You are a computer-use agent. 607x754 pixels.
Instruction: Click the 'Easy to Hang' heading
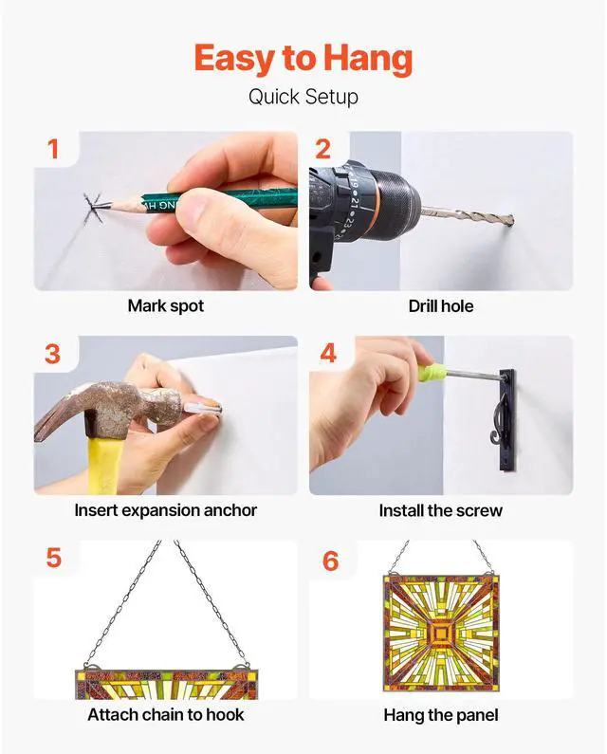coord(303,58)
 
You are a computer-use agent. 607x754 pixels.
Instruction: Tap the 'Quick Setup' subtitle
coord(303,97)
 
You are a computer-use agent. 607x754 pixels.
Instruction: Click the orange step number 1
coord(53,149)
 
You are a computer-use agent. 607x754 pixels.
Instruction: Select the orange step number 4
coord(328,354)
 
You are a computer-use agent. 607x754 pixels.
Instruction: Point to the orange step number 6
coord(330,561)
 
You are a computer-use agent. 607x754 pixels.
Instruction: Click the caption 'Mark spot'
coord(166,305)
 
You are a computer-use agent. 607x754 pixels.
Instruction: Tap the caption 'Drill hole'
coord(441,306)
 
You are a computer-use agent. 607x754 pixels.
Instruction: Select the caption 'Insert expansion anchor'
coord(166,510)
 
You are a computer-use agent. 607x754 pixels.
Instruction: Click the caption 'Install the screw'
coord(441,510)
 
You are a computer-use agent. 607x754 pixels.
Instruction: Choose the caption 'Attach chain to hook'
coord(166,714)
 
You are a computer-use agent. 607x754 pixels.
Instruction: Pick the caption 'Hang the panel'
coord(441,715)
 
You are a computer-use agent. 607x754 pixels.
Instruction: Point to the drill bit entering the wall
coord(467,216)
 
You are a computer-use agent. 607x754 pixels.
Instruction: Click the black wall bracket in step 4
coord(507,420)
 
